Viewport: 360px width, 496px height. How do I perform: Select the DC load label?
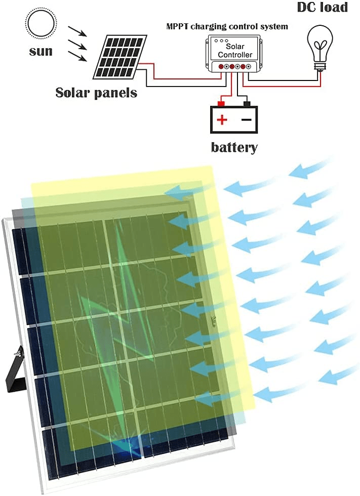(x=323, y=7)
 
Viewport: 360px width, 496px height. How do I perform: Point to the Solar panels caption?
(x=96, y=93)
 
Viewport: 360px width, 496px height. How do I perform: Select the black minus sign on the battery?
(x=246, y=119)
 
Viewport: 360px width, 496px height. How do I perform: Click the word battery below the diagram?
(x=234, y=147)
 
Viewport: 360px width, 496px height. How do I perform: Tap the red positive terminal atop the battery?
(x=221, y=104)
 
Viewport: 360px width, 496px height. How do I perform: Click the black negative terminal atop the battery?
(x=247, y=104)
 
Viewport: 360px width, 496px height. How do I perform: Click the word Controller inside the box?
(x=235, y=54)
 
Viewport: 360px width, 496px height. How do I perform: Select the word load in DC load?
(x=336, y=7)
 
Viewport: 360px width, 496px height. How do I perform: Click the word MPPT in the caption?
(x=177, y=26)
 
